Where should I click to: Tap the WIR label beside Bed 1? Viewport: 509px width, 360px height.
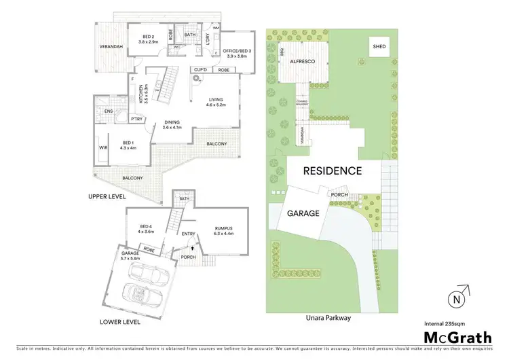tap(104, 147)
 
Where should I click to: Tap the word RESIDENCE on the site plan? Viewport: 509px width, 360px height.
tap(332, 171)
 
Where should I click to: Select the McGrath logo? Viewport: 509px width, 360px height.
tap(458, 336)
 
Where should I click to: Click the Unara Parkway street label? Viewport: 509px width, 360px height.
tap(332, 317)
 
